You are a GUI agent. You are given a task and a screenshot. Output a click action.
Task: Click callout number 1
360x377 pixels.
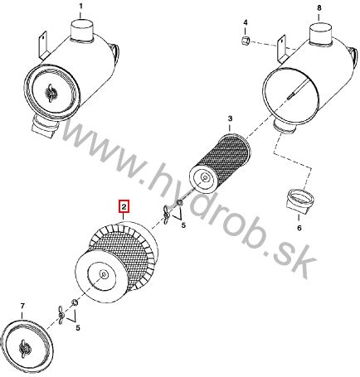tap(80, 6)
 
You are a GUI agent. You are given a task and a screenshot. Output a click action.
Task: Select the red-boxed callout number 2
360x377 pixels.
tap(124, 206)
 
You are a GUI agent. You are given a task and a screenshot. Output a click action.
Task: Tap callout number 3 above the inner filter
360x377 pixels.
tap(230, 118)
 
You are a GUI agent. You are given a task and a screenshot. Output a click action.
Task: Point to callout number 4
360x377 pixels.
tap(246, 22)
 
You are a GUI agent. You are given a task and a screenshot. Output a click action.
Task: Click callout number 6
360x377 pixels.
tap(299, 228)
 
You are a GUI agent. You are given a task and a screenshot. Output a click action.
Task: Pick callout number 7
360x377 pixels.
tap(22, 306)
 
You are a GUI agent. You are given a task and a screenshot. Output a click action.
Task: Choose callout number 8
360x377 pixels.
tap(319, 8)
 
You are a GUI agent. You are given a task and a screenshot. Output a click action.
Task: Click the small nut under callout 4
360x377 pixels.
tap(246, 41)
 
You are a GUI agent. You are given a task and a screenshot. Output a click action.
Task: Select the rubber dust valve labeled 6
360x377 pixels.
tap(299, 201)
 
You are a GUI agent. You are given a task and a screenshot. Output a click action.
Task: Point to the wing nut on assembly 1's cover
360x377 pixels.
tap(51, 93)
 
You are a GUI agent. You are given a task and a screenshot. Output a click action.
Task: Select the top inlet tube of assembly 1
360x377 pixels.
tap(82, 29)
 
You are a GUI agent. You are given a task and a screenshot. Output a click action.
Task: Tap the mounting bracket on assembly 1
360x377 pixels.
tap(43, 45)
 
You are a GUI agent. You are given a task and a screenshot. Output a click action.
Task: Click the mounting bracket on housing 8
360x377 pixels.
tap(281, 48)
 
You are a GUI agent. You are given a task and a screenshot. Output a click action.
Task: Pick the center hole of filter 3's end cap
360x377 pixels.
tap(205, 177)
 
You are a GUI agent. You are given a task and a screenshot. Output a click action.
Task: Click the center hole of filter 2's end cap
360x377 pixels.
tap(105, 274)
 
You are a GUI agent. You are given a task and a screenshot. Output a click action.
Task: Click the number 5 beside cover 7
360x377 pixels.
tap(78, 328)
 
